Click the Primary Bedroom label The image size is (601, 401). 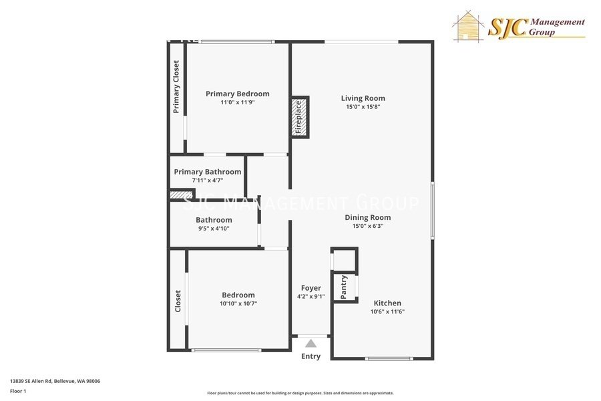(237, 94)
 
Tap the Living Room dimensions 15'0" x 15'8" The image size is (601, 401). (363, 106)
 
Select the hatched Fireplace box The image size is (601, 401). (299, 118)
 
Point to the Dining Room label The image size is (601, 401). (367, 217)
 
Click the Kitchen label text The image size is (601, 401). (387, 303)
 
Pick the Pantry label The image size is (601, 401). (344, 287)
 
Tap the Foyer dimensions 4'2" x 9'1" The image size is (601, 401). (311, 297)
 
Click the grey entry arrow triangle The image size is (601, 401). (311, 344)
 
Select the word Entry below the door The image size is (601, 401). (311, 356)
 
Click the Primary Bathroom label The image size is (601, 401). (207, 172)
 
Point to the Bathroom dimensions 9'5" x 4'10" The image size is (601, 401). (214, 229)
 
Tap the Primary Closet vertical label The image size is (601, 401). (176, 87)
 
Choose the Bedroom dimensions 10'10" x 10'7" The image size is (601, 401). (238, 303)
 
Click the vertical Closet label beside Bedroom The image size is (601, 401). (178, 301)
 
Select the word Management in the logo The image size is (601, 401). (556, 22)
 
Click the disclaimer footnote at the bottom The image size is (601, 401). (300, 393)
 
